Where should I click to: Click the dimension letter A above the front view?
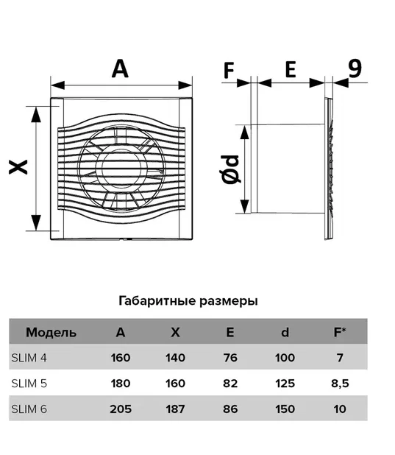[120, 68]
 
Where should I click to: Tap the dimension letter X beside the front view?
[18, 167]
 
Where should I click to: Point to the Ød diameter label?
[230, 169]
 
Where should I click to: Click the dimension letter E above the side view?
[291, 69]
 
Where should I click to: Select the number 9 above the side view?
[355, 68]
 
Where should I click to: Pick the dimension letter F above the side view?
[229, 70]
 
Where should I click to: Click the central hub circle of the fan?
[122, 169]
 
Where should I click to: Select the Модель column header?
[51, 332]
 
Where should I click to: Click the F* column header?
[340, 331]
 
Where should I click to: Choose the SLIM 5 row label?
[29, 384]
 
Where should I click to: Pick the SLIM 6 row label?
[29, 409]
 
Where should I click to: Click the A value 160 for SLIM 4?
[121, 358]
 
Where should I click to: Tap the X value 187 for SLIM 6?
[176, 409]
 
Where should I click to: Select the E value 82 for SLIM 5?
[230, 384]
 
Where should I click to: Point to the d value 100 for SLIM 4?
[285, 358]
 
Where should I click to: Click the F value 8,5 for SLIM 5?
[340, 384]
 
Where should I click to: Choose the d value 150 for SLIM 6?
[285, 409]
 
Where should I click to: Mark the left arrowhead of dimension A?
[57, 85]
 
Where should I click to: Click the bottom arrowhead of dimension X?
[35, 223]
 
